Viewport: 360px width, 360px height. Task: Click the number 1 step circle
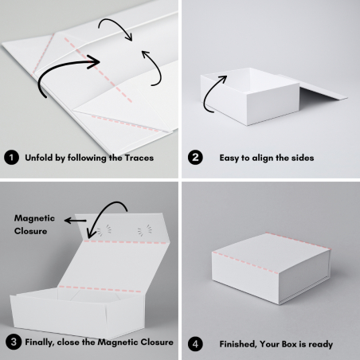coord(11,158)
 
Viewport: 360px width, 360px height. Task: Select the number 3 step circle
coord(11,343)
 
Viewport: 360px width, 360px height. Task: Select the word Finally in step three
coord(42,343)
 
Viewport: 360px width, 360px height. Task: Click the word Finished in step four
coord(241,343)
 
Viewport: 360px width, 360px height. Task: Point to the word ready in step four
coord(320,343)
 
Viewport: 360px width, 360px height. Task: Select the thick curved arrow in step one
coord(68,68)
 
